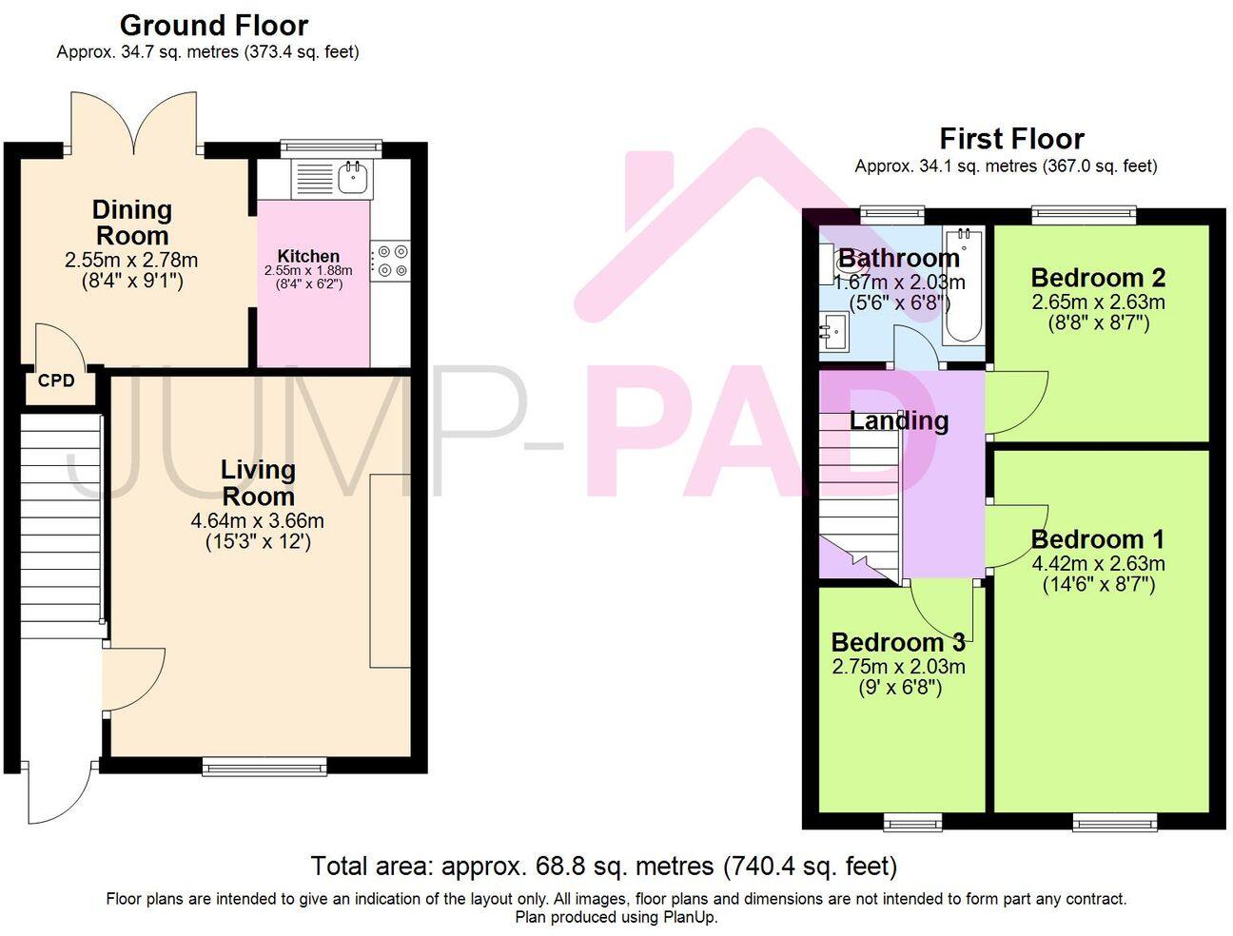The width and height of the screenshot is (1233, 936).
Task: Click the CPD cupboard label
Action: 56,381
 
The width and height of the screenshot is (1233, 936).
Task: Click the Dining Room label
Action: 132,223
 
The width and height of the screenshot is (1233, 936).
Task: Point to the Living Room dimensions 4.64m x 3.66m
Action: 257,521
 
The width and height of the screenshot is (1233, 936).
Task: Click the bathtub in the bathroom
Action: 962,284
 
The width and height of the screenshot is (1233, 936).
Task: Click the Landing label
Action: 899,420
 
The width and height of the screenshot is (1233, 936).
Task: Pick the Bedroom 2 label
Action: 1098,278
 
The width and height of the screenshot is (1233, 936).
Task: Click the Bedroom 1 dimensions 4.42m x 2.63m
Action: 1098,563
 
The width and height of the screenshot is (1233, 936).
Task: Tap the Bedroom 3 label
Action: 897,642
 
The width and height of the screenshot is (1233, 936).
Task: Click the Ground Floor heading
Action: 214,25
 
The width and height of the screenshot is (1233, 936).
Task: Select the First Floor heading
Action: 1011,139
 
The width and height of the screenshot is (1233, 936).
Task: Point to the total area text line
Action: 603,867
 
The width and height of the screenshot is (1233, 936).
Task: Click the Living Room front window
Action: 264,765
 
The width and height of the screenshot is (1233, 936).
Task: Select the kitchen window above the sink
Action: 331,147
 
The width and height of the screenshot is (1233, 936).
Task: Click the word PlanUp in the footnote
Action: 690,918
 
